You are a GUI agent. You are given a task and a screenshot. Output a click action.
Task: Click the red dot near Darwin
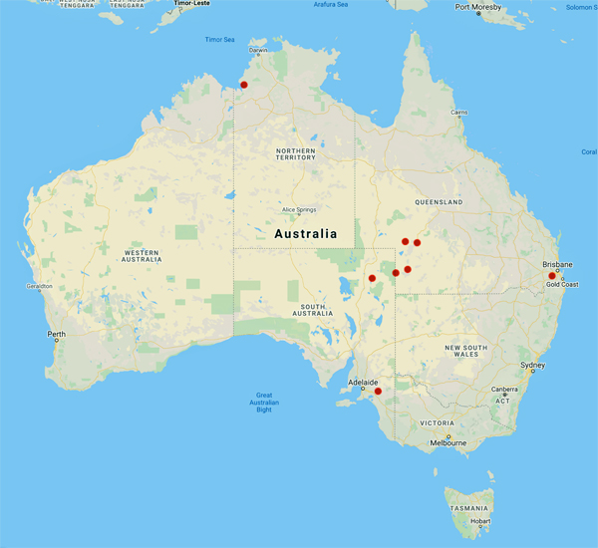click(244, 85)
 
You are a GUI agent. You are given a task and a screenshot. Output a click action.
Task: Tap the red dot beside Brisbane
click(552, 275)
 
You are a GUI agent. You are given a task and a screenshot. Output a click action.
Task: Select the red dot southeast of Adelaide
click(378, 391)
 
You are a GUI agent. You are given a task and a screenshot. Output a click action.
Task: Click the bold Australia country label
click(305, 234)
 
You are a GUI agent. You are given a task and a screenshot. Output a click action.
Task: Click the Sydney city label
click(533, 366)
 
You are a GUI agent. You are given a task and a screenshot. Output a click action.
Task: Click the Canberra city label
click(501, 390)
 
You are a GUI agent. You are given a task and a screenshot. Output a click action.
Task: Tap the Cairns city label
click(458, 113)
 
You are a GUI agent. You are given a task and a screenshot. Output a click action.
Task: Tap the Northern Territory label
click(295, 153)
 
